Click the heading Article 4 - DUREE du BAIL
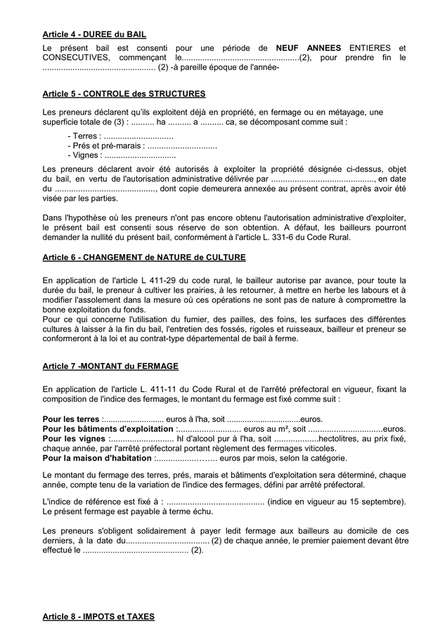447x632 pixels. [94, 34]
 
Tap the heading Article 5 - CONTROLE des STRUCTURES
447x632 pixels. [124, 93]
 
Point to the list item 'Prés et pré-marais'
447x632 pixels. [105, 146]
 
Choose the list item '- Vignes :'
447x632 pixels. [85, 156]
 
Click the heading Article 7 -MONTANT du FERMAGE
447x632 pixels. [110, 367]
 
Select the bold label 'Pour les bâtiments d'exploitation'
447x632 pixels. [109, 429]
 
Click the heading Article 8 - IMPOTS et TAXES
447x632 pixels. [98, 617]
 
